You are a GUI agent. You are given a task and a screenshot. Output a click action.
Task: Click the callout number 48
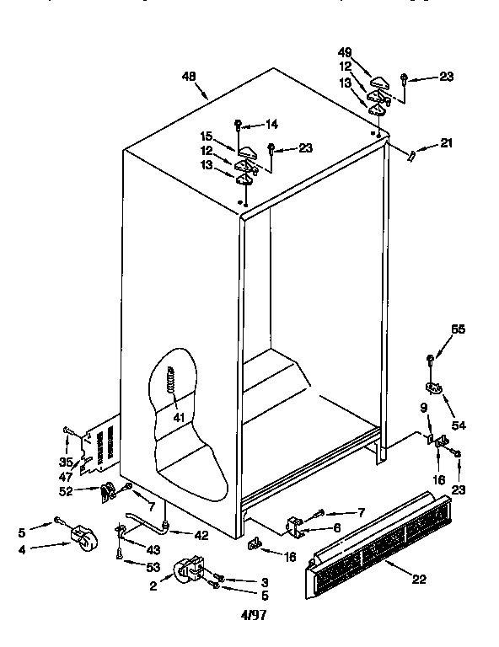(189, 78)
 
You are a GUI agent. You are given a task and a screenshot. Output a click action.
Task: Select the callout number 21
(446, 142)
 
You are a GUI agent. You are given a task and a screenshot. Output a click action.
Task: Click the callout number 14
(271, 125)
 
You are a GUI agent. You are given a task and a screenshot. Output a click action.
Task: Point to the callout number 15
(207, 135)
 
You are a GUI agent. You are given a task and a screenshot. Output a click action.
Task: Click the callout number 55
(459, 329)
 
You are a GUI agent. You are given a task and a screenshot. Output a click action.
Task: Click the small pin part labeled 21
(412, 154)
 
